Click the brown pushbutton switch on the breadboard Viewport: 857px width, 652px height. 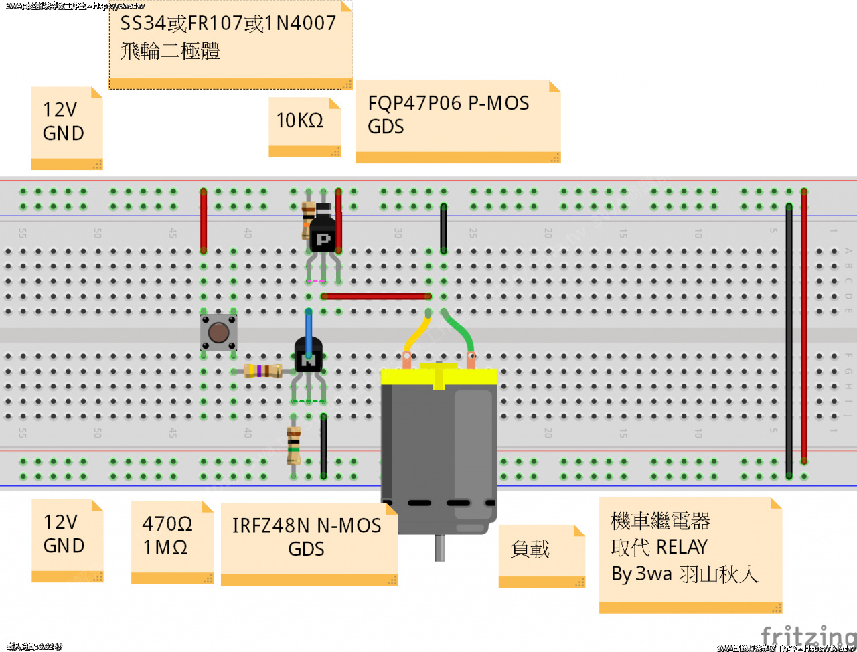pyautogui.click(x=218, y=333)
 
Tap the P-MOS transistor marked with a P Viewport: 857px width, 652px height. pyautogui.click(x=323, y=236)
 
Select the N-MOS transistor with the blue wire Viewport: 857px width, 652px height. pyautogui.click(x=309, y=359)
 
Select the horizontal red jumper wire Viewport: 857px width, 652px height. pyautogui.click(x=375, y=296)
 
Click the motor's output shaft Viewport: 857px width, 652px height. pyautogui.click(x=439, y=547)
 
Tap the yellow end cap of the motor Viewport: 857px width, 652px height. pyautogui.click(x=439, y=376)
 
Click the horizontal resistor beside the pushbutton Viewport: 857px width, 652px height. pyautogui.click(x=263, y=370)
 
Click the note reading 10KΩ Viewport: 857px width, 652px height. pyautogui.click(x=300, y=120)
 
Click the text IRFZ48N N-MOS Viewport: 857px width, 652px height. pyautogui.click(x=306, y=525)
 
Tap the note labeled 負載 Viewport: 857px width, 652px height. pyautogui.click(x=530, y=550)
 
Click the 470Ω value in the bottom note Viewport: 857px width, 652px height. pyautogui.click(x=167, y=523)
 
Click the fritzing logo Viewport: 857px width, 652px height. pyautogui.click(x=808, y=636)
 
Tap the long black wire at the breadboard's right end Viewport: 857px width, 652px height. pyautogui.click(x=789, y=335)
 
